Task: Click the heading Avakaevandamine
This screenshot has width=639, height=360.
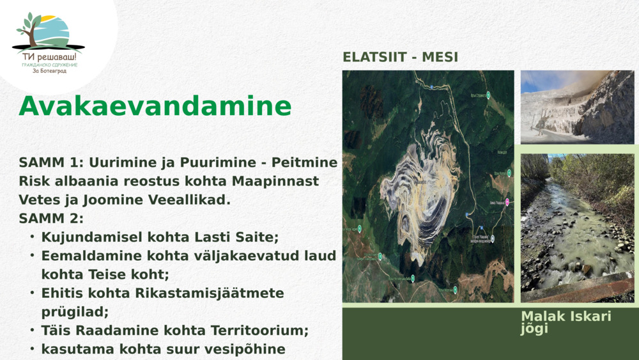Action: point(155,106)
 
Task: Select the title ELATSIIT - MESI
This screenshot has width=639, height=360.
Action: point(400,57)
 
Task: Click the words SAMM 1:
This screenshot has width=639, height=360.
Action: point(49,163)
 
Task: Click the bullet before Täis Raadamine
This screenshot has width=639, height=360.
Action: point(32,330)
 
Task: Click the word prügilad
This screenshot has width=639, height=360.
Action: point(75,312)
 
